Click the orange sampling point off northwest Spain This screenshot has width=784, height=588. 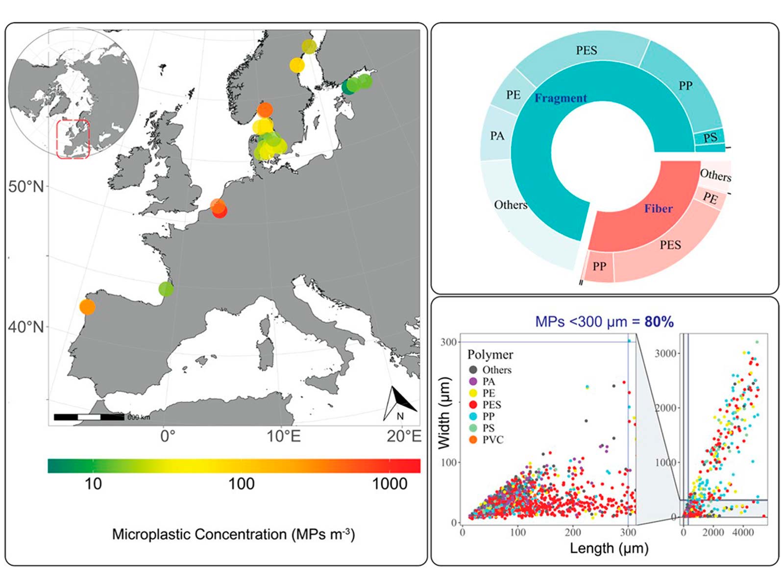87,307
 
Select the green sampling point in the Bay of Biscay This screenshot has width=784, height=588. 166,289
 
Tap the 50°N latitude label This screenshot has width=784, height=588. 25,187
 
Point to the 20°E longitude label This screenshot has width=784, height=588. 403,436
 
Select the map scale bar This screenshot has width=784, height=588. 89,417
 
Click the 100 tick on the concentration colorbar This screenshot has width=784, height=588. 241,484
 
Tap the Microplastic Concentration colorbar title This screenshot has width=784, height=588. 233,534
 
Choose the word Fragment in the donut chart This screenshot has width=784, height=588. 561,98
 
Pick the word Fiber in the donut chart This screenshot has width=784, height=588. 658,209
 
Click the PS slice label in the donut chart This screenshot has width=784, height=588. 710,138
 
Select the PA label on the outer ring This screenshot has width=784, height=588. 497,135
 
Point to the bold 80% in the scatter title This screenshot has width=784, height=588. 659,322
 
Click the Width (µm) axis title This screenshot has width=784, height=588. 444,413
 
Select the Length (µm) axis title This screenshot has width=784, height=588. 609,548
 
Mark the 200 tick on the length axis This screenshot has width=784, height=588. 573,532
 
